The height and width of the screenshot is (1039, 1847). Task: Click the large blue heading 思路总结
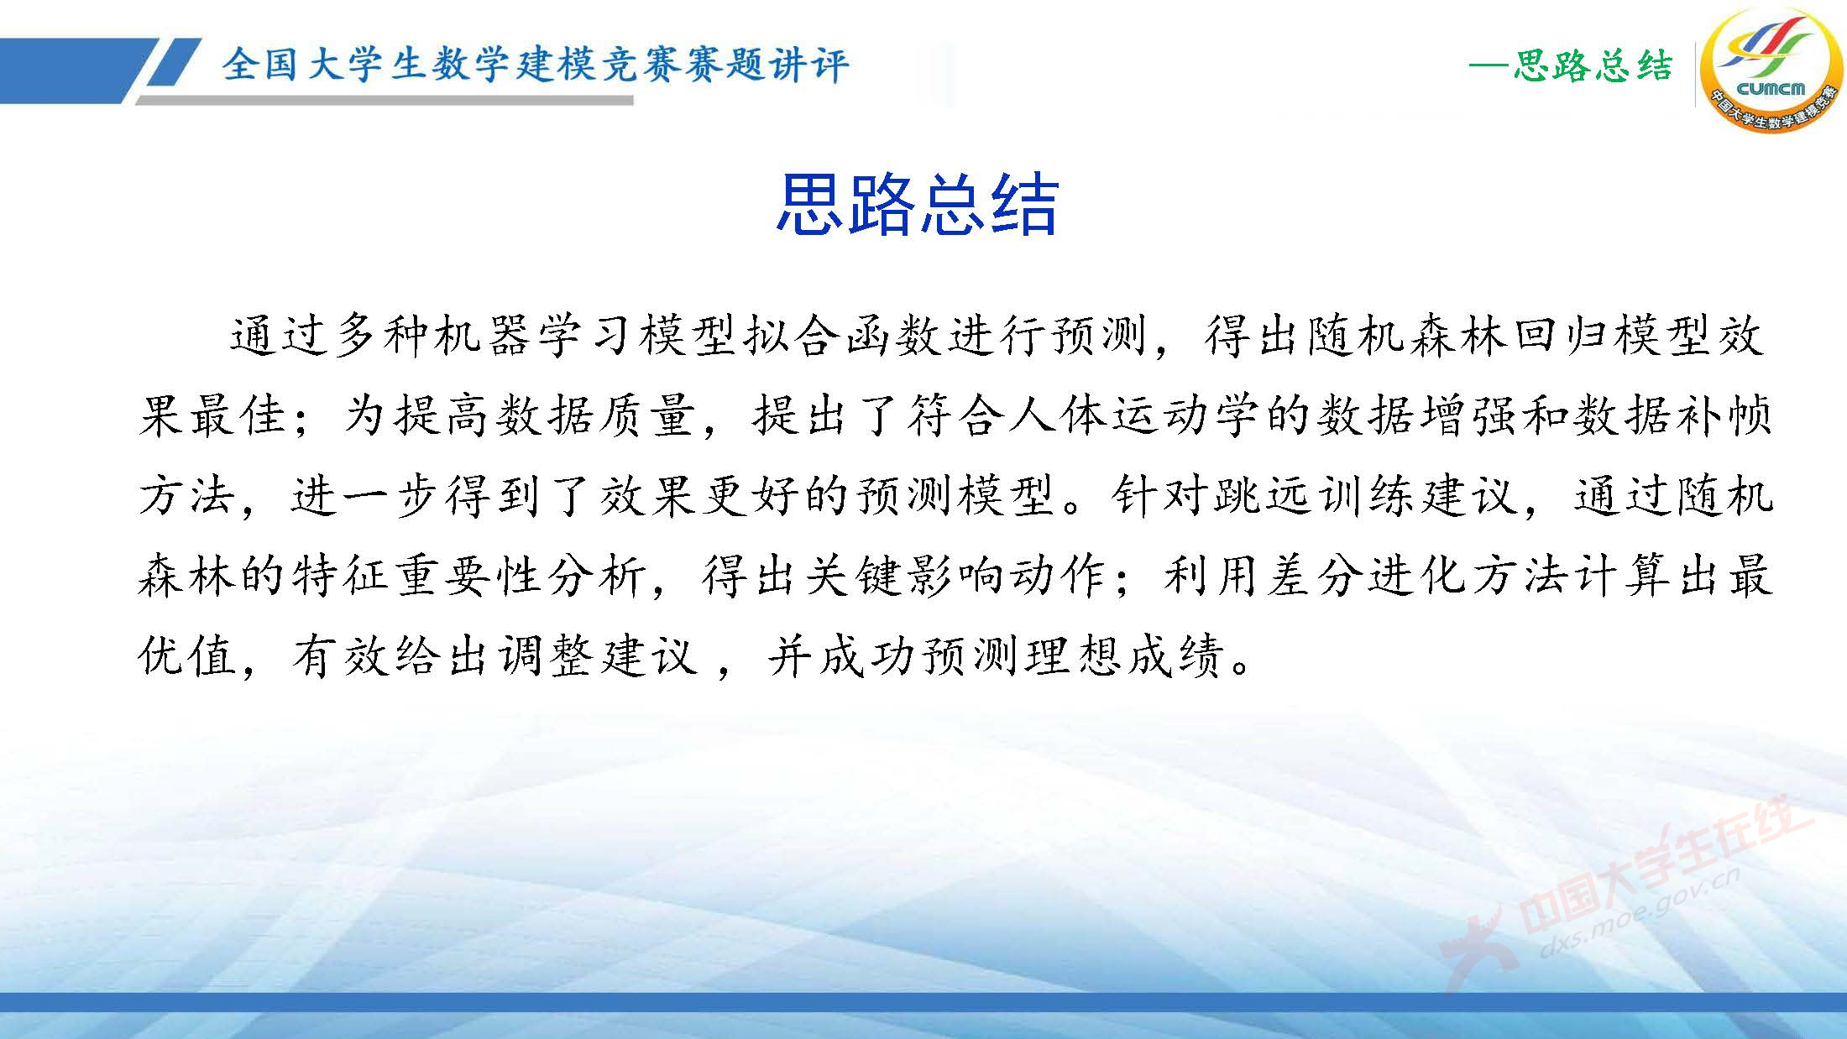pos(917,204)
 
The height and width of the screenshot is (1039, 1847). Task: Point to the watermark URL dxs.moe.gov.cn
pos(1637,913)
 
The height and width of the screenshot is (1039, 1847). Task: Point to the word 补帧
pos(1721,417)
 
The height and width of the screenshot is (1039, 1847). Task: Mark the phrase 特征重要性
pos(420,577)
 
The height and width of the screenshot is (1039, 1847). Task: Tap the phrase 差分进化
pos(1367,577)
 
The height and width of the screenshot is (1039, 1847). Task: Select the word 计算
pos(1623,577)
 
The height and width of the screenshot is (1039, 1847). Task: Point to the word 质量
pos(651,417)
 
